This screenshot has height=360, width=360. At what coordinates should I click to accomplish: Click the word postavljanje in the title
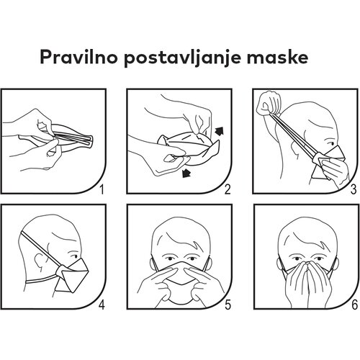pyautogui.click(x=182, y=58)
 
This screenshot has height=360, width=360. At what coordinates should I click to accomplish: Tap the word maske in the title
pyautogui.click(x=277, y=57)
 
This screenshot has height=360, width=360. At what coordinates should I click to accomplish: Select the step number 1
pyautogui.click(x=102, y=189)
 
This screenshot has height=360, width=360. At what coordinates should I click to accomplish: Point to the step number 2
pyautogui.click(x=228, y=189)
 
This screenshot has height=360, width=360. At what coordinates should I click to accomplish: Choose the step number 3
pyautogui.click(x=354, y=189)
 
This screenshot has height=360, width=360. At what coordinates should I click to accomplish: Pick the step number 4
pyautogui.click(x=102, y=305)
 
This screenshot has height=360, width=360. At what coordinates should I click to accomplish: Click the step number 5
pyautogui.click(x=228, y=305)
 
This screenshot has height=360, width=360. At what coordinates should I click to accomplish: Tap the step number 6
pyautogui.click(x=354, y=305)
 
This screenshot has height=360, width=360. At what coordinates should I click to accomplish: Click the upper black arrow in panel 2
pyautogui.click(x=219, y=131)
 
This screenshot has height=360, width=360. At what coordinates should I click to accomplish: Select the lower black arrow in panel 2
pyautogui.click(x=186, y=173)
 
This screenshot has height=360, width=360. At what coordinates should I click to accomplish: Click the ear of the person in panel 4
pyautogui.click(x=39, y=262)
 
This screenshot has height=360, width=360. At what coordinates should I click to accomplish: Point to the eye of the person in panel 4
pyautogui.click(x=74, y=256)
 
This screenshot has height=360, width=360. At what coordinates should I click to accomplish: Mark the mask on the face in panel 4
pyautogui.click(x=73, y=276)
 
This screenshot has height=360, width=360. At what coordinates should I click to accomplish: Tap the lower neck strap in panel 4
pyautogui.click(x=41, y=280)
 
